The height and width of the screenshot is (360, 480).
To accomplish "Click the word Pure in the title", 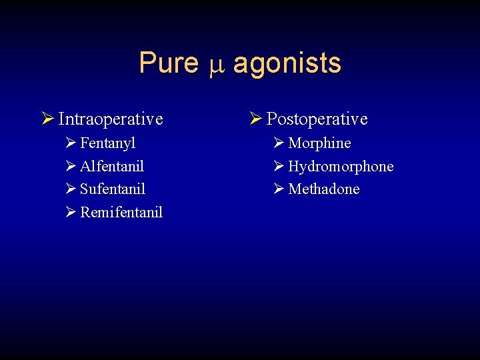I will [x=169, y=63].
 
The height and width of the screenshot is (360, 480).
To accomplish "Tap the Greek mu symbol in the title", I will [x=215, y=65].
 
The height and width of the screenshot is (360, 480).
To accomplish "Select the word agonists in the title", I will [x=287, y=64].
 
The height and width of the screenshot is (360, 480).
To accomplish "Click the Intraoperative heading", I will [x=111, y=119].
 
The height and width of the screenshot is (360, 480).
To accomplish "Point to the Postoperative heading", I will [x=317, y=119].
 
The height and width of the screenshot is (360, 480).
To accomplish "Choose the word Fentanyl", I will [x=108, y=143].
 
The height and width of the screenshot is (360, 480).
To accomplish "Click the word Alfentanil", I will [x=112, y=166].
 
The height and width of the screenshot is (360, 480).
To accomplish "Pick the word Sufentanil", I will [x=113, y=189].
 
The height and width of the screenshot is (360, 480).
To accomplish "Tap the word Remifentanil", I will [x=121, y=213].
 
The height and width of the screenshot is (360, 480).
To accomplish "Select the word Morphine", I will [x=319, y=143].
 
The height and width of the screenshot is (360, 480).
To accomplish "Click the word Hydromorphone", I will [x=341, y=166].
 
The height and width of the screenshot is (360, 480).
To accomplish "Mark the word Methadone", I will [x=324, y=189].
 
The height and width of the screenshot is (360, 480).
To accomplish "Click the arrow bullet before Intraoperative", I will [x=47, y=119].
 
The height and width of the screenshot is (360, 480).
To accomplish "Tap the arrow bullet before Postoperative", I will [x=255, y=119].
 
